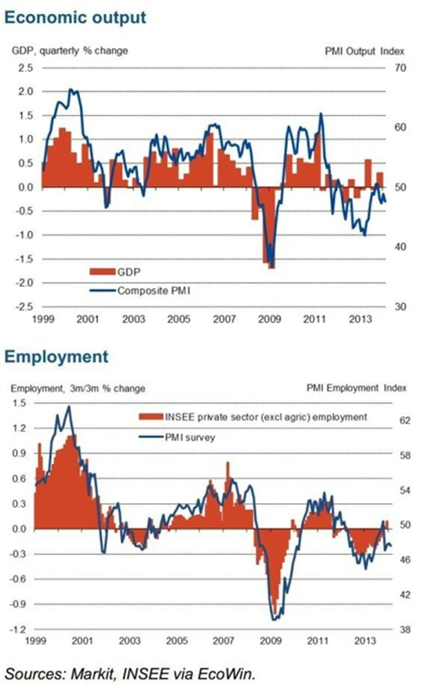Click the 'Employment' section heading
coord(56,357)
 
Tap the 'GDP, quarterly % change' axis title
coord(70,50)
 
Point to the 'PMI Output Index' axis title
coord(364,50)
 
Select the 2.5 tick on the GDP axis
coord(26,68)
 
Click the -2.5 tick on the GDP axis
coord(24,307)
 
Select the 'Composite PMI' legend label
coord(153,291)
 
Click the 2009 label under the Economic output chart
coord(269,319)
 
